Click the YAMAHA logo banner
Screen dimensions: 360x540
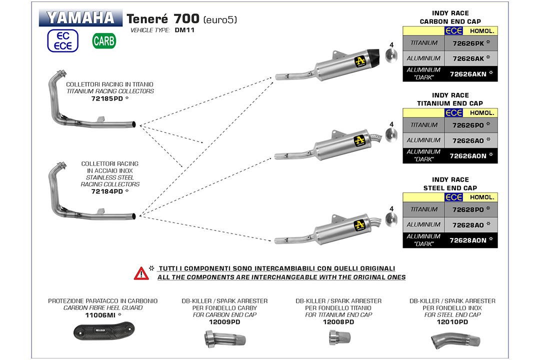[x=80, y=18]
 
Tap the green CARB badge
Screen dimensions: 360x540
[x=104, y=41]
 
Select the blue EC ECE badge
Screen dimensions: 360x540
[x=62, y=40]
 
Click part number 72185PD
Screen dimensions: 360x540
[x=107, y=99]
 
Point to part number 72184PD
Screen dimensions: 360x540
[x=107, y=191]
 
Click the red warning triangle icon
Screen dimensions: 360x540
[x=141, y=273]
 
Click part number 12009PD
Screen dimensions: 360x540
[x=224, y=322]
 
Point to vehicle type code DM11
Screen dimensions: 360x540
[x=184, y=30]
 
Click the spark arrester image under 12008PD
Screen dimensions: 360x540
[x=338, y=340]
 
